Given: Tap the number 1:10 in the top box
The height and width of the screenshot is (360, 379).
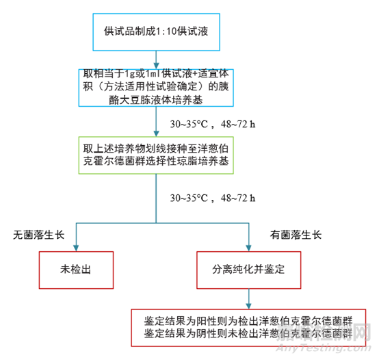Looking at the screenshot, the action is pos(166,31).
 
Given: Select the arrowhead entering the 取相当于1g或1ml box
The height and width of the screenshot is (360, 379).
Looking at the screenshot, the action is pos(156,66).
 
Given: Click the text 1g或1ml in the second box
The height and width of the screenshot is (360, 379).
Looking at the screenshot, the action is pos(143,73).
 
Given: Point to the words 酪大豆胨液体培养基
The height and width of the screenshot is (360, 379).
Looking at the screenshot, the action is pos(156,100).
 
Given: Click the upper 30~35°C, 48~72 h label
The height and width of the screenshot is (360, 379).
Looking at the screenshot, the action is pos(213,124).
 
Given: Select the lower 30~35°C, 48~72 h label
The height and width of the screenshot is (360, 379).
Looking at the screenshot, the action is pos(213,198).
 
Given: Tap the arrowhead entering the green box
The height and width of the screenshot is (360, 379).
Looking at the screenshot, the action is pos(156,133).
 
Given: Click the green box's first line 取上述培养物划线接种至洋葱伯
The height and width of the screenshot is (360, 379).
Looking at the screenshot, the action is pos(156,149).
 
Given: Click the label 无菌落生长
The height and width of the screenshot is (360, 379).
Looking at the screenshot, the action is pos(39,235).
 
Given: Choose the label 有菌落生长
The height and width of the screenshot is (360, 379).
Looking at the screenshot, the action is pos(296,235).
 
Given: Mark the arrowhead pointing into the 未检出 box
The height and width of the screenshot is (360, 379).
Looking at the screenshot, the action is pos(76,248).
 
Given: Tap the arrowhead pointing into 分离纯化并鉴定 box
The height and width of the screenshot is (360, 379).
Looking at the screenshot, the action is pos(249,248).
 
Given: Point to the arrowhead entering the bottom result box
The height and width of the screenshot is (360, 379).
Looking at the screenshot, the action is pos(249,306).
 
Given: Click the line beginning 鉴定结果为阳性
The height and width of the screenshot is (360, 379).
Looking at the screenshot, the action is pos(248,321).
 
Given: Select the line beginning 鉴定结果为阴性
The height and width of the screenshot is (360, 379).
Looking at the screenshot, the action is pos(248,333).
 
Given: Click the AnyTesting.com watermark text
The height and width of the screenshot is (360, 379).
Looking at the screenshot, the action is pos(324,348).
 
